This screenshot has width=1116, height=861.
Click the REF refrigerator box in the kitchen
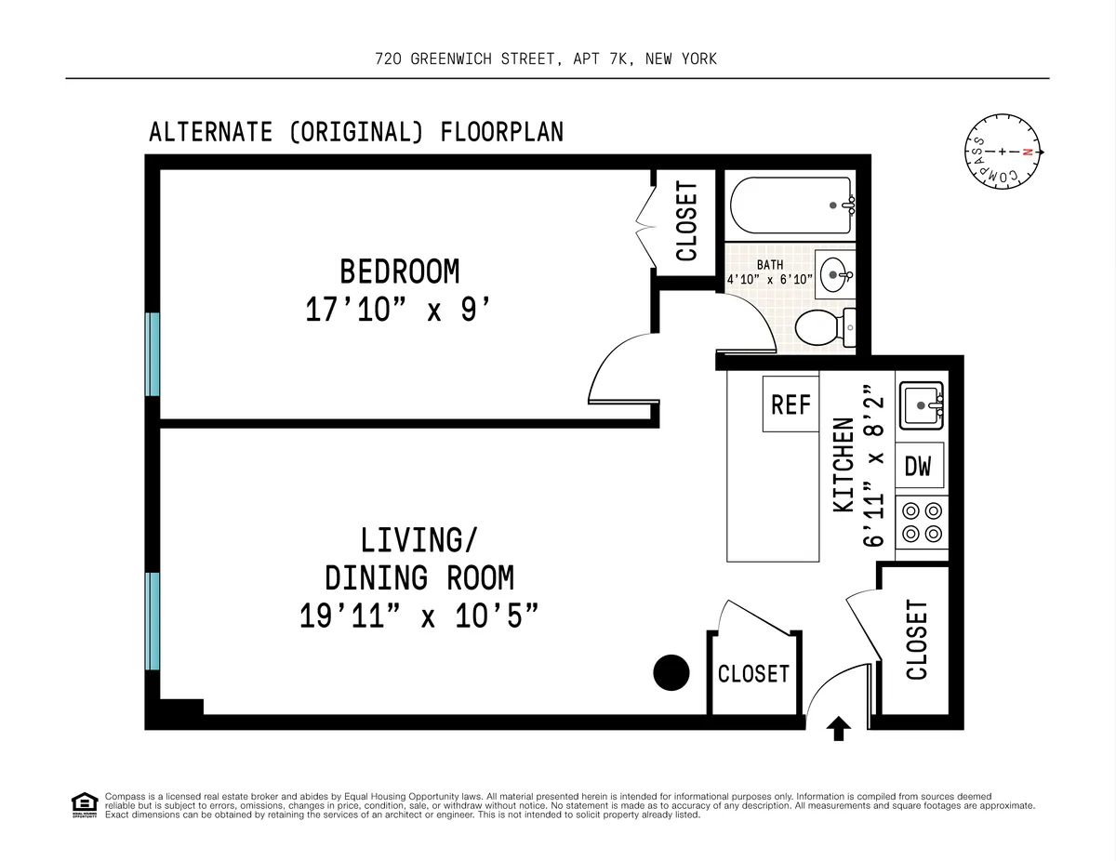pos(790,404)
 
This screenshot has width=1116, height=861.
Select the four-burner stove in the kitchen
pos(921,522)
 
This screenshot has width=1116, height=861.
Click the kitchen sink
pos(920,404)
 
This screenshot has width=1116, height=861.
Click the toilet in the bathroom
pos(822,326)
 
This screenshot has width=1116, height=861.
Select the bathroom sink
pos(833,272)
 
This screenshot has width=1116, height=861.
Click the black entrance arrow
pos(839,728)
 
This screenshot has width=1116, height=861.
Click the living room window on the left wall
pos(152,620)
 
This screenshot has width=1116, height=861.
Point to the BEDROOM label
pos(399,272)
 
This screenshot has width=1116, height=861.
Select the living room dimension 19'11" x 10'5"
pos(418,616)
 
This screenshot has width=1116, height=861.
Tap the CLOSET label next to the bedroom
pos(685,221)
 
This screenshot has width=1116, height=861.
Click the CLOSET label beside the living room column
pos(753,673)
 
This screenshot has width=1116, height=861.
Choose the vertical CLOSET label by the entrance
pos(916,640)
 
